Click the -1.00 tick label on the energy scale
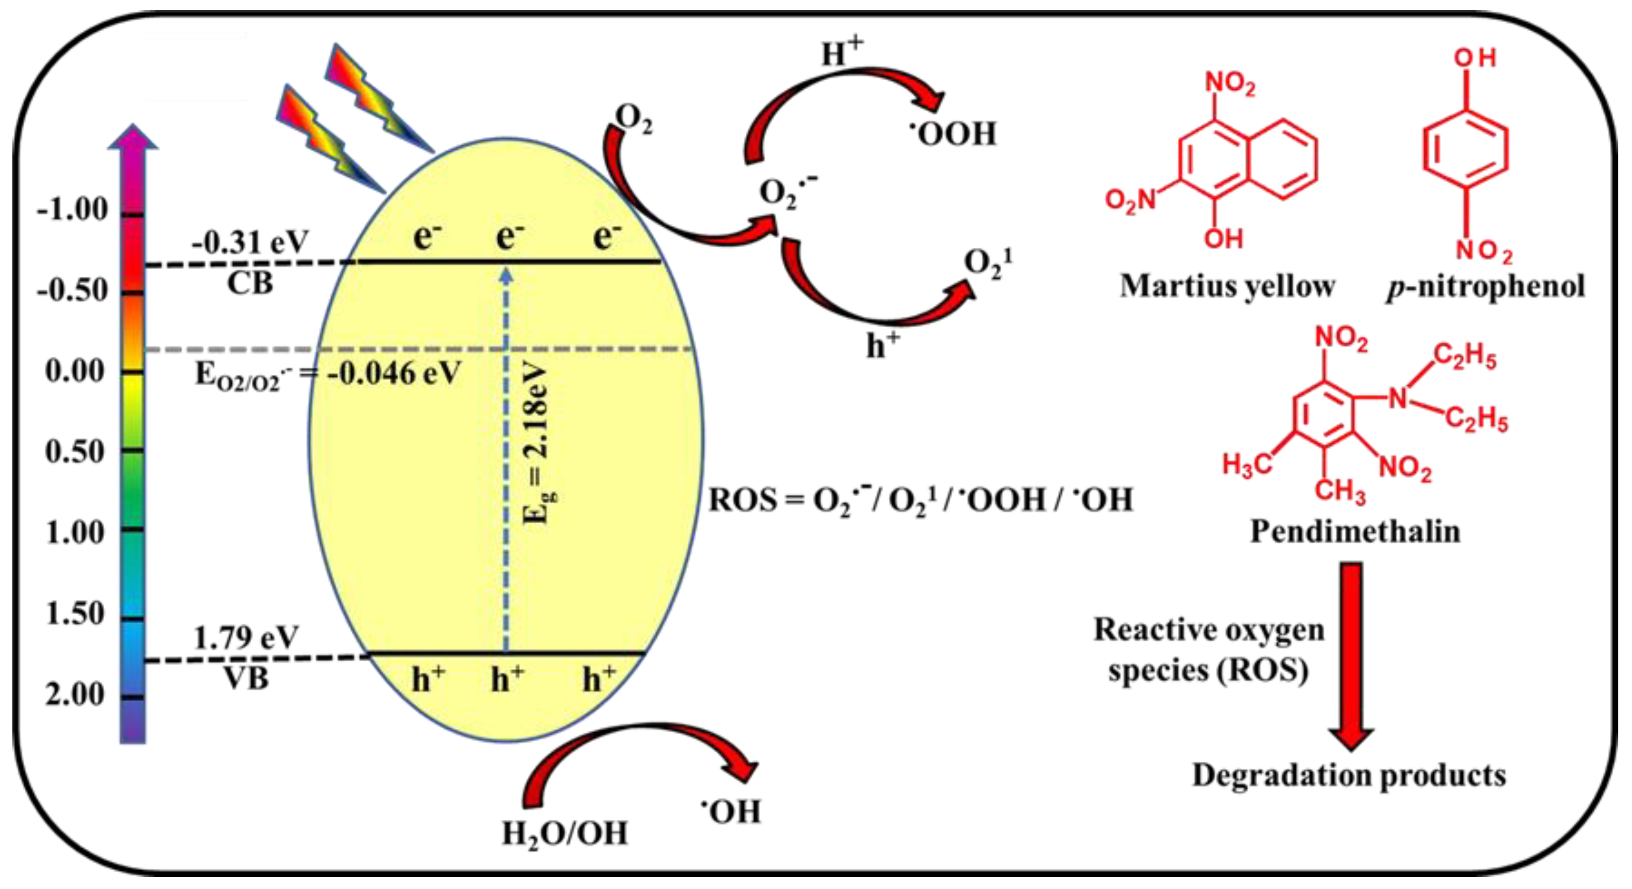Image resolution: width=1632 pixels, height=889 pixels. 72,210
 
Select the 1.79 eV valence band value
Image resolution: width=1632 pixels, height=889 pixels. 246,638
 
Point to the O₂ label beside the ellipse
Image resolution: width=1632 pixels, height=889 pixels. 634,119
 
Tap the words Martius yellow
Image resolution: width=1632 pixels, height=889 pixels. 1227,286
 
